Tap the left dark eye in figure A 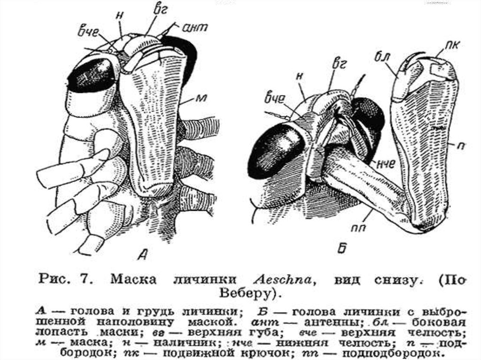(91, 75)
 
